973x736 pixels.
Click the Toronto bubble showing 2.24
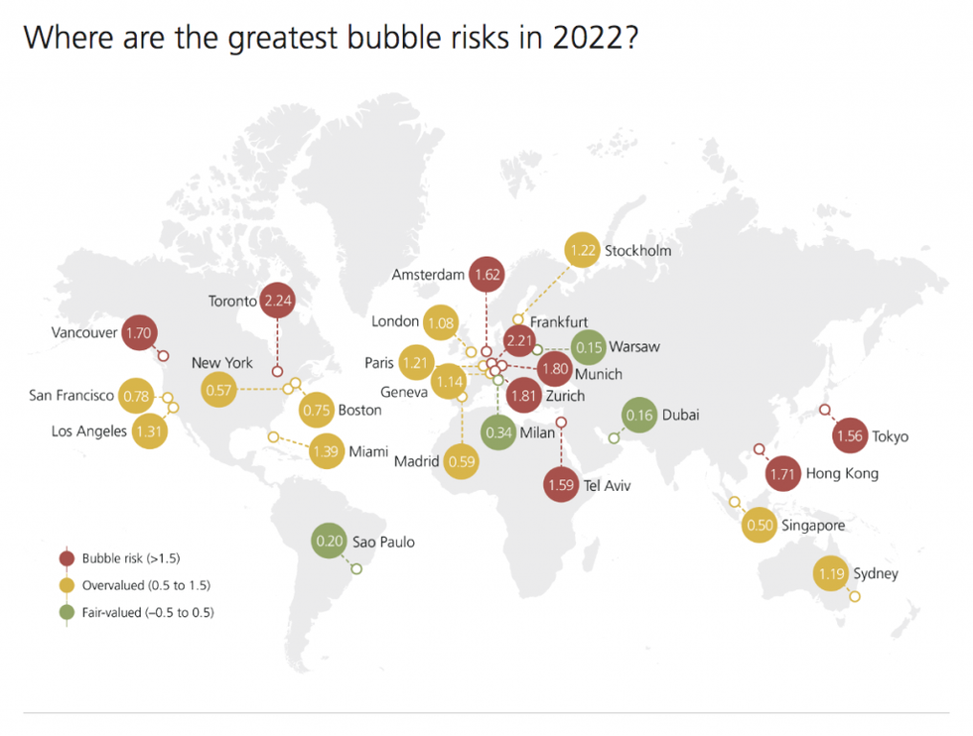(x=279, y=300)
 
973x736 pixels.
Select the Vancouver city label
(x=84, y=333)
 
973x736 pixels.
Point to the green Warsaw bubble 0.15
(x=590, y=347)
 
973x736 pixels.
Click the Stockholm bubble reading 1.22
(x=583, y=251)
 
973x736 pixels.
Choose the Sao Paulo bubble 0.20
(x=328, y=543)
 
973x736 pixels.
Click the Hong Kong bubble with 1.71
(x=783, y=474)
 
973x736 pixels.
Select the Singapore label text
(x=813, y=525)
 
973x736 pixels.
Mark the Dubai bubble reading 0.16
(x=640, y=416)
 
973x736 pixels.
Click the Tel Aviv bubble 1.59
(x=561, y=486)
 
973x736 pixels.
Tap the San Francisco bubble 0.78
(x=136, y=396)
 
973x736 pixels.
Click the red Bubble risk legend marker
(x=67, y=558)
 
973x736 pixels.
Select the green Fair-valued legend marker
(x=67, y=612)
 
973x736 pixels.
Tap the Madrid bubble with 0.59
(x=461, y=461)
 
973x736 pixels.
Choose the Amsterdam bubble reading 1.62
(x=487, y=274)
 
